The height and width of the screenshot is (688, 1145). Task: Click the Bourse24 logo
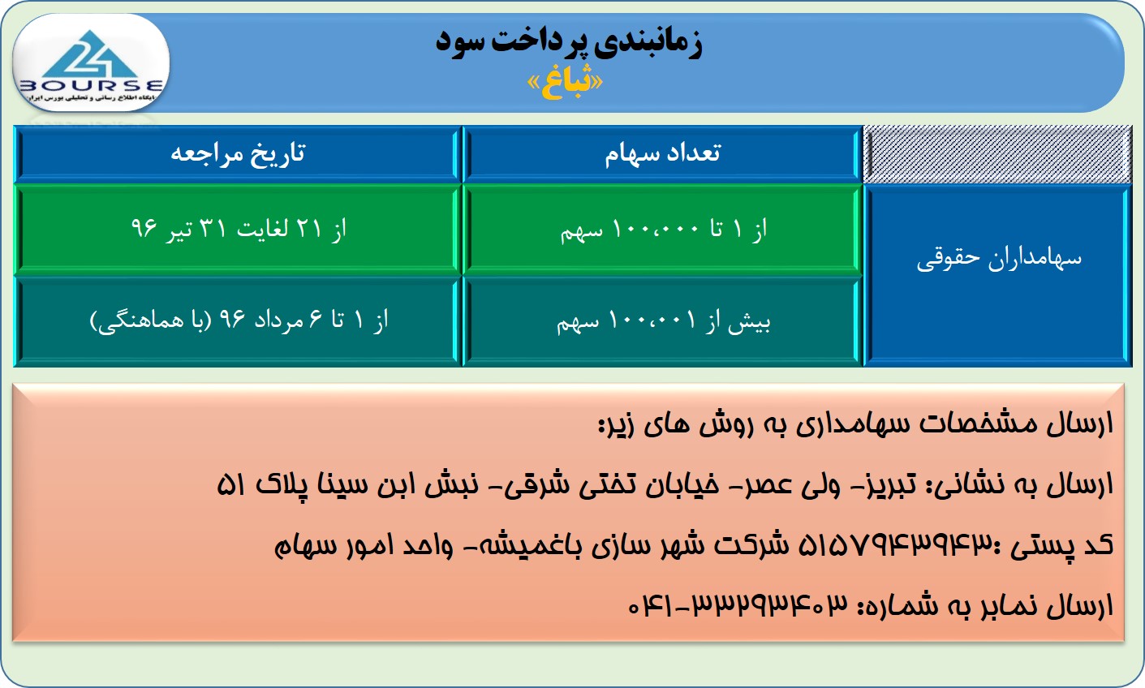tap(91, 63)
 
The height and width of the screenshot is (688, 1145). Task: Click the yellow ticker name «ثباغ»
tap(565, 84)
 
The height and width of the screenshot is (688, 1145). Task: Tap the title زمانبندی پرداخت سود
tap(569, 43)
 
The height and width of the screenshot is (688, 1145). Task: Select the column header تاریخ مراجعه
tap(238, 153)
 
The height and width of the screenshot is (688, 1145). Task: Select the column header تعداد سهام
tap(662, 153)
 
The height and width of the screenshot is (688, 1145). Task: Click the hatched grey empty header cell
tap(997, 154)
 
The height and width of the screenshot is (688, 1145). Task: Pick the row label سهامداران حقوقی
tap(999, 259)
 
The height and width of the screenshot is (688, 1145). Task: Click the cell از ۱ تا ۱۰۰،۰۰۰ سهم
tap(663, 230)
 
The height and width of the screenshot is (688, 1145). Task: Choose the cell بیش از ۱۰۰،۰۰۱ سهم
tap(663, 321)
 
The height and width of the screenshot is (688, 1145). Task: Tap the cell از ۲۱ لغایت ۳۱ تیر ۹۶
tap(239, 229)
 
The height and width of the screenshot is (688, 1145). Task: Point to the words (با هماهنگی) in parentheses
tap(150, 321)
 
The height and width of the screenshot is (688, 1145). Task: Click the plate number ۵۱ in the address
tap(231, 485)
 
